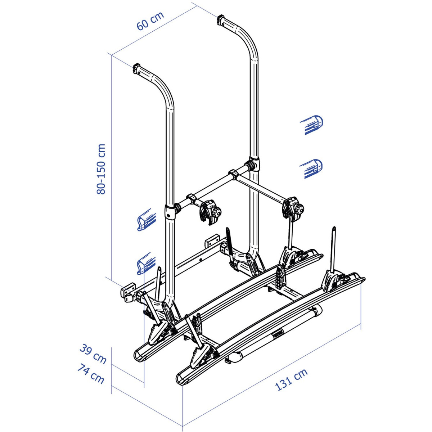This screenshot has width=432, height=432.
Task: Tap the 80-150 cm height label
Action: click(x=101, y=169)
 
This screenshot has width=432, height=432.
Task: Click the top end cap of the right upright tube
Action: click(x=220, y=19)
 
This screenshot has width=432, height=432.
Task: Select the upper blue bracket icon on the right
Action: click(x=312, y=125)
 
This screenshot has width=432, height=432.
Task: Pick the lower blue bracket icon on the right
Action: click(x=311, y=168)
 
